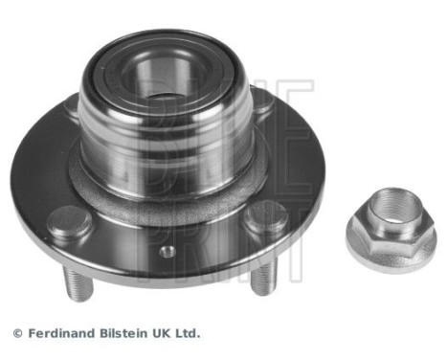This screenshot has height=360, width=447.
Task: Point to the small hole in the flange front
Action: coord(168,252)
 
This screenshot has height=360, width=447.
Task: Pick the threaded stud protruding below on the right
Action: coord(264,281)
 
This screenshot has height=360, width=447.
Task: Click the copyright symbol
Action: coord(17,333)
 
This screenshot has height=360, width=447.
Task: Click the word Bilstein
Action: coord(126,333)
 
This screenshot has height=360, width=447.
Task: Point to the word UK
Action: coord(165,333)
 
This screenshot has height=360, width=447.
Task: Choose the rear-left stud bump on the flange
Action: coord(71,113)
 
